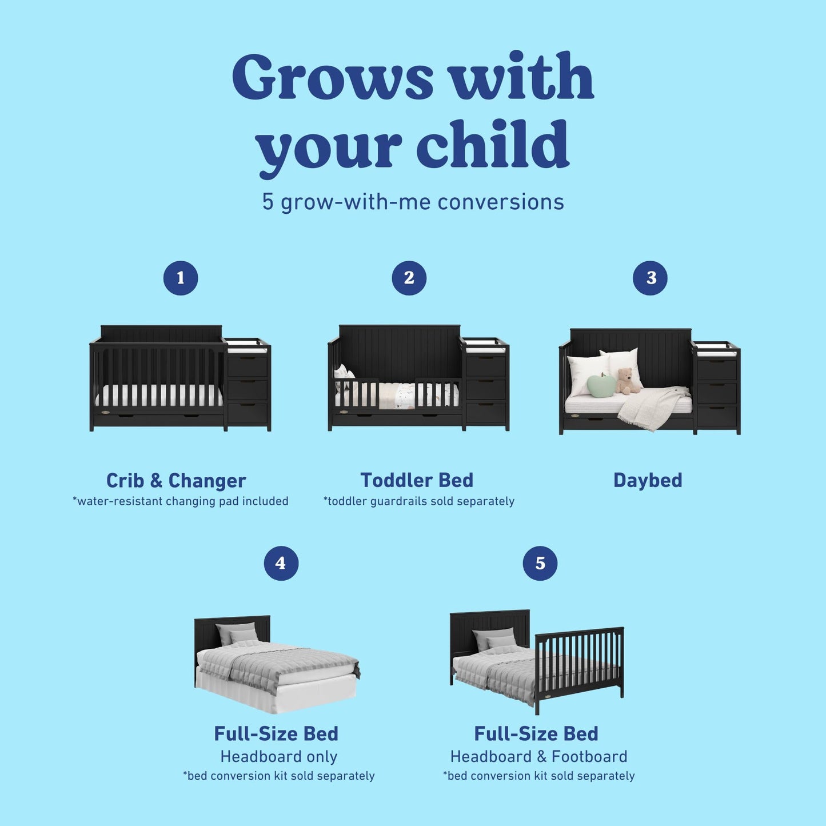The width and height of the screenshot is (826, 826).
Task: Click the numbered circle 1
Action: [x=181, y=278]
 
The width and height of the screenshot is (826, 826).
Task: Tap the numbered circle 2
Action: [x=409, y=278]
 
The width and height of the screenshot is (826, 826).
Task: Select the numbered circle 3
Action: [x=651, y=278]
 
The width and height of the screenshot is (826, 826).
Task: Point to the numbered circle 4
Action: [x=281, y=563]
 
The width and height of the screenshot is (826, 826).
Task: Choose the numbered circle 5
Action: [x=540, y=563]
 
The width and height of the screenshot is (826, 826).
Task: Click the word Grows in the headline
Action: [x=333, y=77]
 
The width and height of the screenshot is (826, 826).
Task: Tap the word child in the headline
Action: [x=492, y=144]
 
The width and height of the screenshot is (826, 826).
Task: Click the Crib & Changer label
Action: [x=176, y=481]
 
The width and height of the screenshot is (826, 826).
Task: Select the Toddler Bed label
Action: [x=417, y=480]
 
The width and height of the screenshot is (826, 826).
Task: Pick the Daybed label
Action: [x=648, y=480]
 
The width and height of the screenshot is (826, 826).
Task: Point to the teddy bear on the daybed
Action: [x=627, y=381]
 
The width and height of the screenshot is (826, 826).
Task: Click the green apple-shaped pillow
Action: [x=602, y=385]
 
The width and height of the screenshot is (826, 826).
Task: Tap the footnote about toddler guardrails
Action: [x=419, y=501]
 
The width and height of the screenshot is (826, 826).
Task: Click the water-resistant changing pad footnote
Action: [x=181, y=501]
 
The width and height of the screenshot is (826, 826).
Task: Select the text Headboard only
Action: [x=279, y=757]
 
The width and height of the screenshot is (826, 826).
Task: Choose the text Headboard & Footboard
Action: [x=538, y=757]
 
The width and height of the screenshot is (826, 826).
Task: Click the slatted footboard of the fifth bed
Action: [x=578, y=663]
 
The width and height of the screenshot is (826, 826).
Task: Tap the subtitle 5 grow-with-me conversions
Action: [x=413, y=202]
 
